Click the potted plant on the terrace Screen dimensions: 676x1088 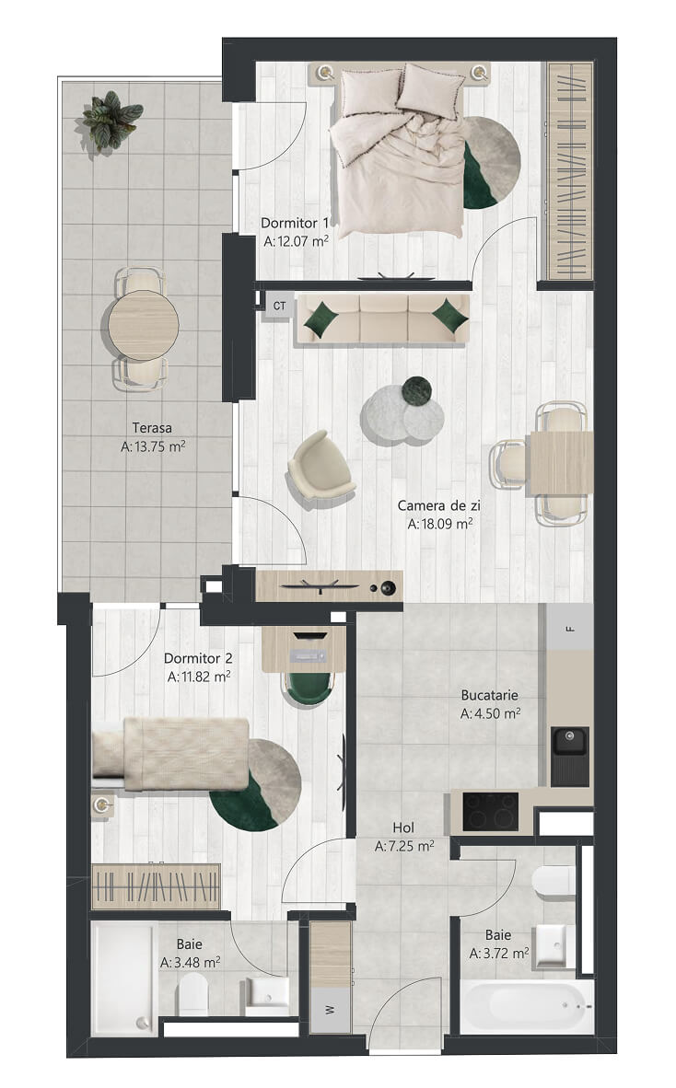pyautogui.click(x=111, y=120)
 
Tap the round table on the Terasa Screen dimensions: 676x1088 pyautogui.click(x=143, y=325)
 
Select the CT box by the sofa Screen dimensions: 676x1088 pyautogui.click(x=279, y=306)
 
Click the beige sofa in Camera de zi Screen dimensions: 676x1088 pyautogui.click(x=383, y=318)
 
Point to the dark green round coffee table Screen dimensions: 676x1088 pyautogui.click(x=418, y=389)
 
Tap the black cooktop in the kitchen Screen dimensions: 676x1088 pyautogui.click(x=490, y=811)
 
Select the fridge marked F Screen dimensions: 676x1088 pyautogui.click(x=569, y=627)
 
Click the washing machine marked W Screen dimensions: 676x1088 pyautogui.click(x=330, y=1010)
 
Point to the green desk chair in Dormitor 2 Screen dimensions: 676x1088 pyautogui.click(x=309, y=688)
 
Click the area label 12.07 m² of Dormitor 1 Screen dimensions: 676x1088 pyautogui.click(x=296, y=241)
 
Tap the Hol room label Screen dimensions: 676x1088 pyautogui.click(x=403, y=828)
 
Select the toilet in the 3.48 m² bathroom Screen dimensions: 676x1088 pyautogui.click(x=192, y=993)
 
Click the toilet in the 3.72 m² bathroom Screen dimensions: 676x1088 pyautogui.click(x=554, y=882)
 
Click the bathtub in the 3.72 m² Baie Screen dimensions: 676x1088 pyautogui.click(x=528, y=1007)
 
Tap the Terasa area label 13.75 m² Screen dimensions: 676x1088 pyautogui.click(x=153, y=446)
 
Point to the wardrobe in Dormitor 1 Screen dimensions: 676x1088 pyautogui.click(x=570, y=170)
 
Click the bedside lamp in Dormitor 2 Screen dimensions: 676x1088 pyautogui.click(x=103, y=804)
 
